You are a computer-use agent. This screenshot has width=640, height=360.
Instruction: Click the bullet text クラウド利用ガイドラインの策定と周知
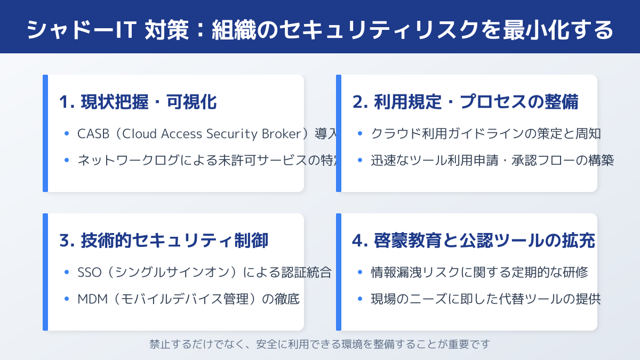486,134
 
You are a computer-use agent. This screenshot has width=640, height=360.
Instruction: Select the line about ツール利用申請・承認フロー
492,160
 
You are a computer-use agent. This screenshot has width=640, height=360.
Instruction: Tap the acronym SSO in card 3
89,273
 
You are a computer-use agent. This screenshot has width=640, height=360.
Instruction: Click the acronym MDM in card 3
91,299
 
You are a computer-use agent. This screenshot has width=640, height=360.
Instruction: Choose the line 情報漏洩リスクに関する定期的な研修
479,273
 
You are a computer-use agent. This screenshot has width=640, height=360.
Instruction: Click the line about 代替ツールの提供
486,299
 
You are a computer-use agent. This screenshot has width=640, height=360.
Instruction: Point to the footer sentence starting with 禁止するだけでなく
320,344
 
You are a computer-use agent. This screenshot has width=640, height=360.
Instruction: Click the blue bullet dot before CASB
67,134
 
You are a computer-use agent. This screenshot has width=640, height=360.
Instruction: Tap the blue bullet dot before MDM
67,299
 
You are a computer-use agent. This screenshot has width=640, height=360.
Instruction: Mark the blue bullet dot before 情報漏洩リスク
360,273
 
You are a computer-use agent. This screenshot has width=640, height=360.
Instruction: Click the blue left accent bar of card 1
45,133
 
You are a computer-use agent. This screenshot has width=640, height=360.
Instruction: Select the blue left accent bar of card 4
339,272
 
